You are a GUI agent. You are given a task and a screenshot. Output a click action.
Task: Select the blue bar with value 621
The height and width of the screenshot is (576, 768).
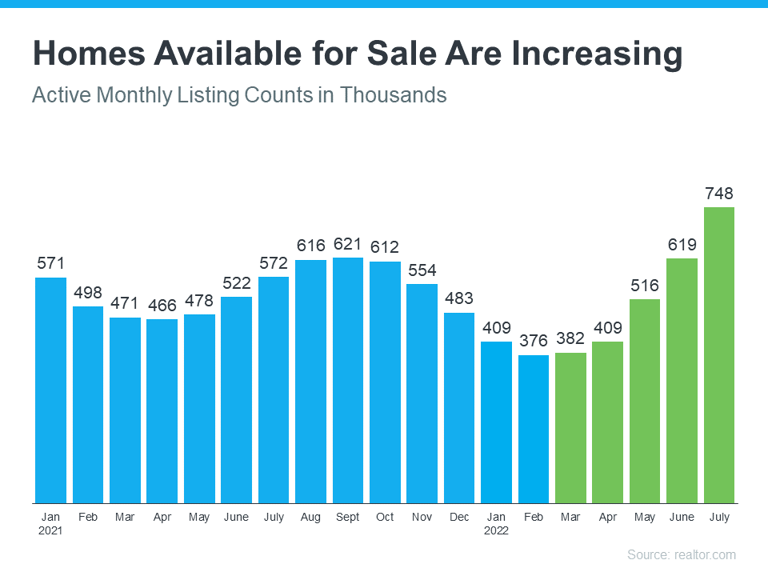[x=348, y=380]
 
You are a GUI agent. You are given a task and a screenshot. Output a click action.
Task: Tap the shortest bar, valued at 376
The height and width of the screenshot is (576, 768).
[x=534, y=429]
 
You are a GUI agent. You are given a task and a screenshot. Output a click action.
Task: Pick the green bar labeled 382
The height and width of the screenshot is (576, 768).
[x=570, y=427]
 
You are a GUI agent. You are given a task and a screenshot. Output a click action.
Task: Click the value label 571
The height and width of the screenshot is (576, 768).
[x=50, y=263]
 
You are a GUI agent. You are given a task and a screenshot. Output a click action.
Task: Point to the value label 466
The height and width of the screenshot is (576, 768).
[x=162, y=305]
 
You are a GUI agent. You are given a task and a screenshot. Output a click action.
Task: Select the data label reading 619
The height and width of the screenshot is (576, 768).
[x=682, y=244]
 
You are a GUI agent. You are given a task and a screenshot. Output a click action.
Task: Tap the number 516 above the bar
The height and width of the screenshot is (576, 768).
[x=645, y=285]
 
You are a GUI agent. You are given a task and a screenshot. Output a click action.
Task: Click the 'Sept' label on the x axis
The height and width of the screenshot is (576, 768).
[x=348, y=518]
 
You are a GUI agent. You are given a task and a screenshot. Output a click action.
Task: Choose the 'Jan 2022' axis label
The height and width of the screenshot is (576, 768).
[x=497, y=524]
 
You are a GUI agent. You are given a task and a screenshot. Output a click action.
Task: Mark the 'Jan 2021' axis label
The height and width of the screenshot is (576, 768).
[x=50, y=524]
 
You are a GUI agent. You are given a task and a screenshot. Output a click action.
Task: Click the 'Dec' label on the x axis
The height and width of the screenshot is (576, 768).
[x=459, y=518]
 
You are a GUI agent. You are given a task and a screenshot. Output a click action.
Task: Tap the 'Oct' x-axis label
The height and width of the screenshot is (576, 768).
[x=385, y=518]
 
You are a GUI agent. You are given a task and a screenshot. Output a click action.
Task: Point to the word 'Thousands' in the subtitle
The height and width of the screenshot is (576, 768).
[x=393, y=94]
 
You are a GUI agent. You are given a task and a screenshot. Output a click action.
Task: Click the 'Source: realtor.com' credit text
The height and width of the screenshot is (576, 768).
[x=681, y=554]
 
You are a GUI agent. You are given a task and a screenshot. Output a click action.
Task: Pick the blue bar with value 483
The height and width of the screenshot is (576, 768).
[x=459, y=407]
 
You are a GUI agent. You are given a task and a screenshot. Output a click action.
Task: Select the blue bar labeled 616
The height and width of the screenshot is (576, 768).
[x=310, y=381]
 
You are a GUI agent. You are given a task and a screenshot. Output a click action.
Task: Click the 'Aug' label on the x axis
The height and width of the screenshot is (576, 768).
[x=310, y=518]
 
